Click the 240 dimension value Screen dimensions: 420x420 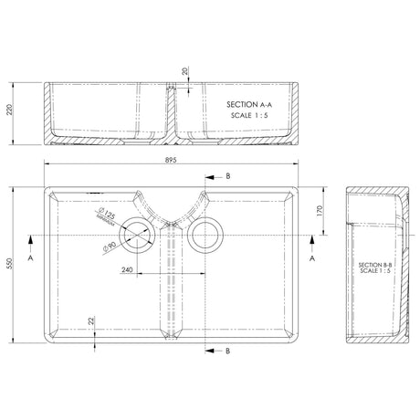(128, 269)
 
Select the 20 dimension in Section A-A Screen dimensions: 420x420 (185, 69)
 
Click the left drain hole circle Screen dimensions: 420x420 (140, 235)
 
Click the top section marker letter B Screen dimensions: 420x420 (227, 173)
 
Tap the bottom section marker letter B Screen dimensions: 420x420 (227, 350)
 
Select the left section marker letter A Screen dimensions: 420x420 (31, 258)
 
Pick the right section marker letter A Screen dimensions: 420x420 (313, 258)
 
